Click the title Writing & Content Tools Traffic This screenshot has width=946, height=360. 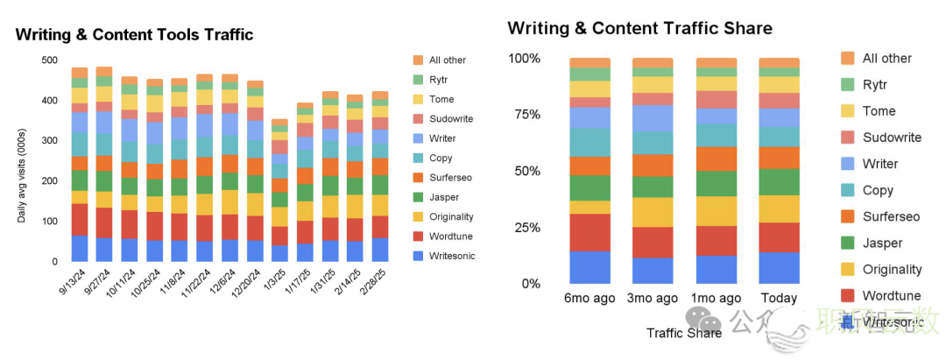point(134,35)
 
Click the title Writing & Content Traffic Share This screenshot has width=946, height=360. point(639,28)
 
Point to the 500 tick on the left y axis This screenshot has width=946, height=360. point(49,60)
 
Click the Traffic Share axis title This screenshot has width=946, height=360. point(684,332)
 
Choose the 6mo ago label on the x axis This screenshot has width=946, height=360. point(590,299)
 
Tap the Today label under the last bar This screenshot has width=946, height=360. point(779,299)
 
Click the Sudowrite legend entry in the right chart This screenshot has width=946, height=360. point(892,138)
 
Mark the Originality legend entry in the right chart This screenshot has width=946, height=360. point(892,269)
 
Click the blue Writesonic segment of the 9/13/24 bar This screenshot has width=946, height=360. point(80,248)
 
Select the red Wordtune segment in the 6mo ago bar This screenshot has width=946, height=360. point(590,232)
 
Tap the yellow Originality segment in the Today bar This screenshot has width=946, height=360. point(779,208)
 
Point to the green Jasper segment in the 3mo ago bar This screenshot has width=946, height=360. point(653,187)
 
